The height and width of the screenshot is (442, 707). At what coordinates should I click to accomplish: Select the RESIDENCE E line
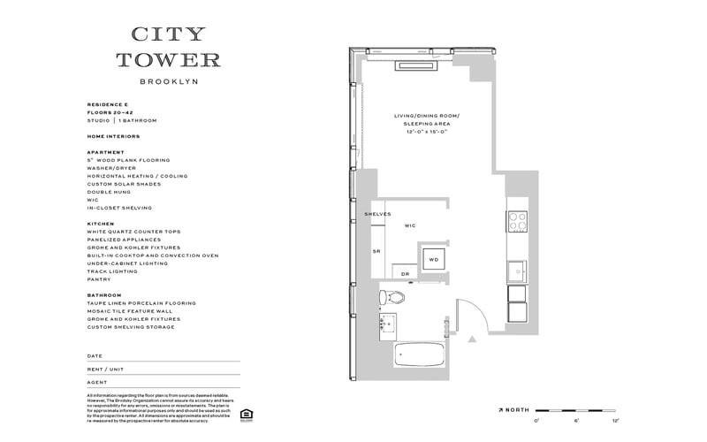pos(109,104)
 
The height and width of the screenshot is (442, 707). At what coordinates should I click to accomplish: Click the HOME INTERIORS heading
pos(113,136)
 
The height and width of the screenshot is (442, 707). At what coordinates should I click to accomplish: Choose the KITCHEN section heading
pos(100,224)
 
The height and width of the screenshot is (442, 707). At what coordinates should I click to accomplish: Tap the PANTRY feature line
pos(99,279)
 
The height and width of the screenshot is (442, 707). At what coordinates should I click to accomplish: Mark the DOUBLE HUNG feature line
pos(110,192)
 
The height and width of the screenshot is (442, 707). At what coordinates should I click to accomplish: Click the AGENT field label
pos(97,382)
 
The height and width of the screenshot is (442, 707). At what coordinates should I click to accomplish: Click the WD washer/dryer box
pos(433,260)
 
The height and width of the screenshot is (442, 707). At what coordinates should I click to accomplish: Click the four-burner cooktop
pos(517,220)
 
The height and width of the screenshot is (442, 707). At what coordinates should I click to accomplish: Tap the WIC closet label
pos(410,226)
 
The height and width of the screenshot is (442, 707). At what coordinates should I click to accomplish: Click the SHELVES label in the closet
pos(377,214)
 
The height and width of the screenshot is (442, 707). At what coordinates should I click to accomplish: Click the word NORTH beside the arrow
pos(520,410)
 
